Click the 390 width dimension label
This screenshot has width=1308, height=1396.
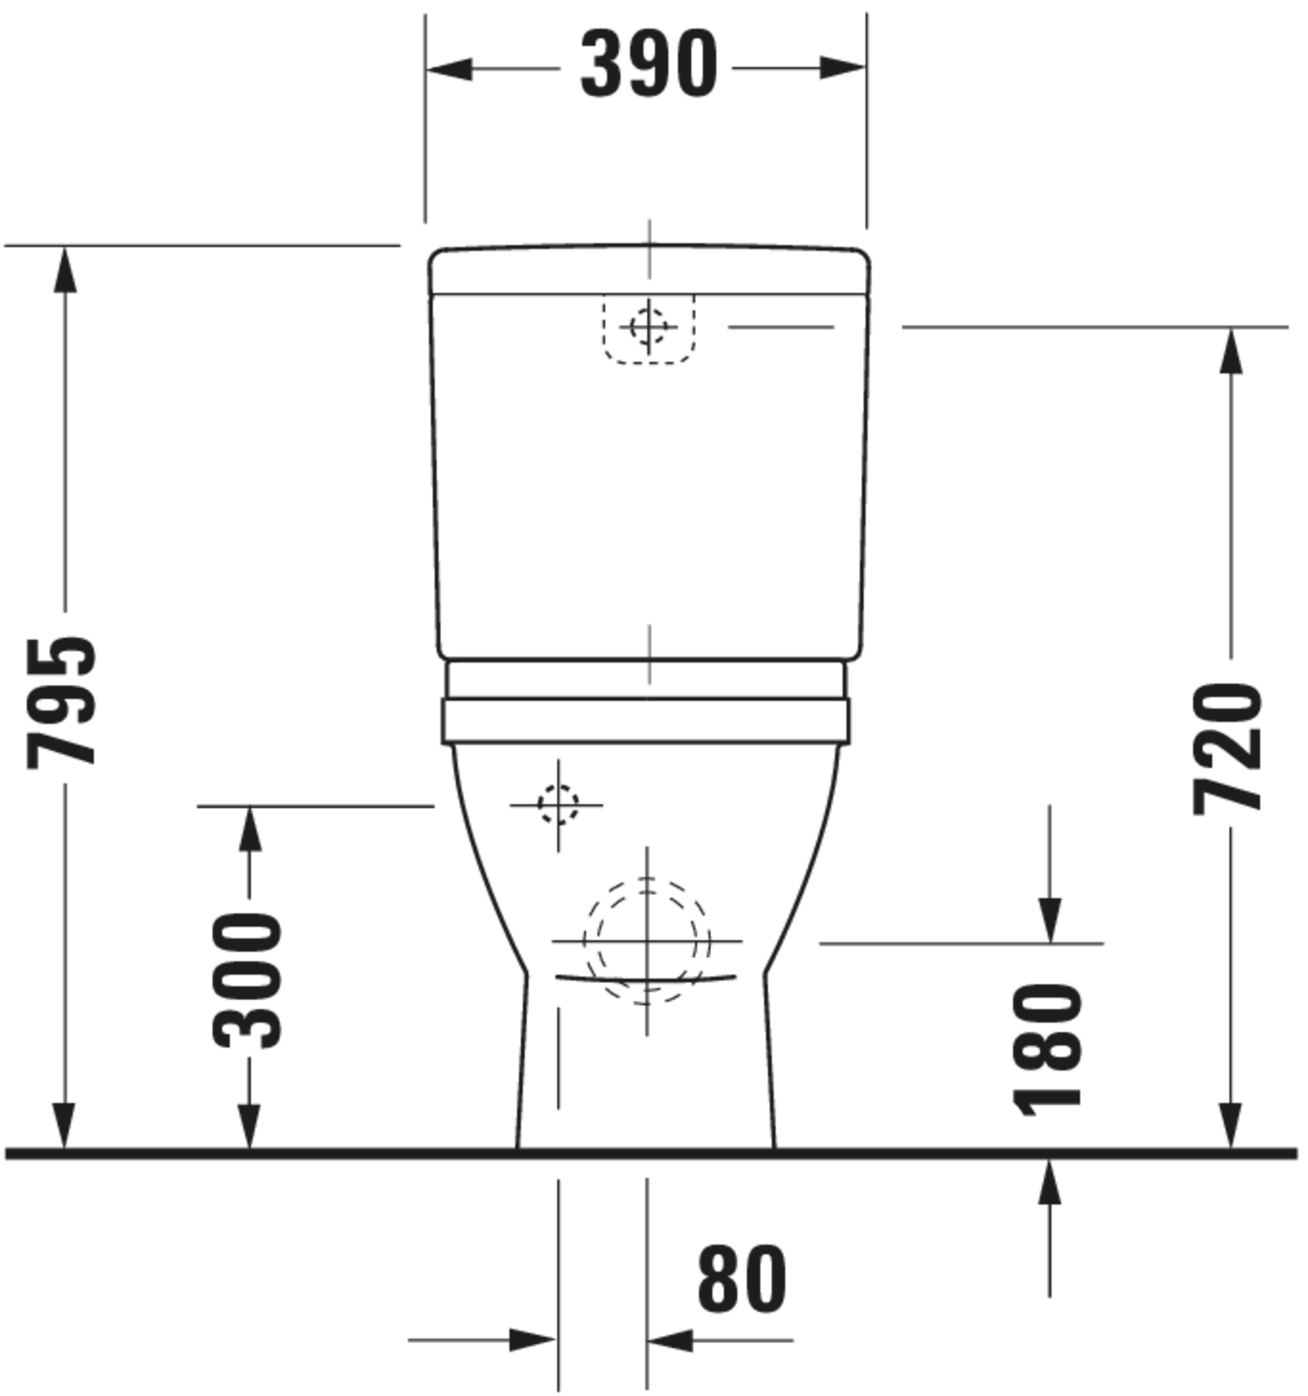click(649, 65)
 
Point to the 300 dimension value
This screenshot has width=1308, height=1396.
click(247, 980)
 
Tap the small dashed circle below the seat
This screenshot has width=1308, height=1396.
click(558, 805)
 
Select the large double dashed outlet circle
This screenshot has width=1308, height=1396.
click(646, 941)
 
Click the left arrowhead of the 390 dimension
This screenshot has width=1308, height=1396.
click(449, 69)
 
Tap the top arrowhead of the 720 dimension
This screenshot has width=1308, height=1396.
click(1231, 351)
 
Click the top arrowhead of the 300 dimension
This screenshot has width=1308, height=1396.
click(249, 829)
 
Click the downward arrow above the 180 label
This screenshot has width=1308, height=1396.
click(1050, 920)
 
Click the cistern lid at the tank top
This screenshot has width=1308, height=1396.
click(649, 270)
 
